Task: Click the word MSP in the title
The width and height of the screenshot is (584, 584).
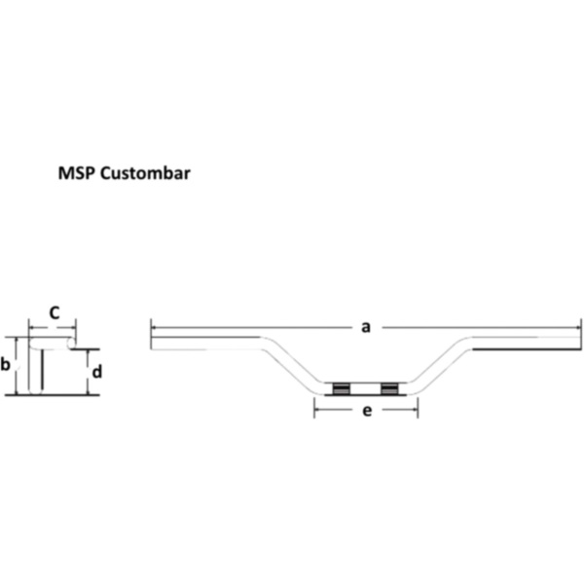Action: point(76,174)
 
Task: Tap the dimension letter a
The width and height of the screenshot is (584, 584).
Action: point(366,327)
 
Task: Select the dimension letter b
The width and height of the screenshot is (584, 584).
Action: point(6,365)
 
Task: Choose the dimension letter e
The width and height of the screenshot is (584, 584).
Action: point(366,411)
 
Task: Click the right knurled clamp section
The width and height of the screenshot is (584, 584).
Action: point(390,389)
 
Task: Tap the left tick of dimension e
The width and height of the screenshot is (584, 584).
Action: point(313,410)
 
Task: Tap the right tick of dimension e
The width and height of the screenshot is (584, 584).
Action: point(418,410)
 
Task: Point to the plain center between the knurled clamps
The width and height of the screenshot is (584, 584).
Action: point(365,389)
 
